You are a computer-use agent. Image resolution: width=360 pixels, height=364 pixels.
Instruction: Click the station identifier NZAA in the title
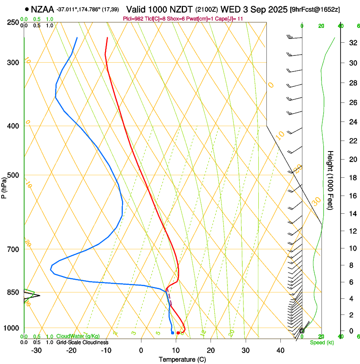click(x=42, y=9)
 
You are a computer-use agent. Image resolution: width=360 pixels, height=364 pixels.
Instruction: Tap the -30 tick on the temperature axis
click(x=36, y=350)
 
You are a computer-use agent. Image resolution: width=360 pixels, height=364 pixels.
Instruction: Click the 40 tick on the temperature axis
click(x=280, y=350)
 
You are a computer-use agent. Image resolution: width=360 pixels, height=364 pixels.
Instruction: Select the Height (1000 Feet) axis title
click(x=331, y=180)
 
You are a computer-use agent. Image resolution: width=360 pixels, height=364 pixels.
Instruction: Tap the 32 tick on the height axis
click(x=352, y=43)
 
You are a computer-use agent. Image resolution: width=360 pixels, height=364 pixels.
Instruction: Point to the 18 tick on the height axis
click(x=352, y=177)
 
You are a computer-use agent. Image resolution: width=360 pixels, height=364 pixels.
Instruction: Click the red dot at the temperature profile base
click(x=178, y=333)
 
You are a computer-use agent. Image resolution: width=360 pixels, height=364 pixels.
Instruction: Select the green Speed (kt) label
click(x=321, y=342)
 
